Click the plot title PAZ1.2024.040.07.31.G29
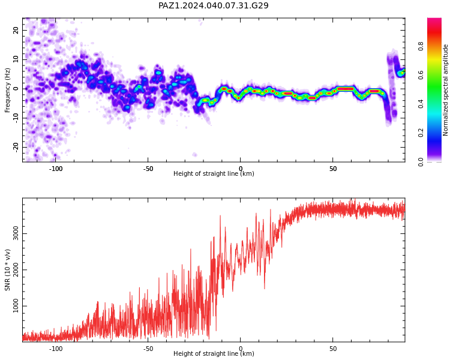pyautogui.click(x=214, y=5)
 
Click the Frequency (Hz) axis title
pyautogui.click(x=7, y=90)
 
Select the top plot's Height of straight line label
pyautogui.click(x=214, y=173)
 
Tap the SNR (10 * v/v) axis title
pyautogui.click(x=7, y=270)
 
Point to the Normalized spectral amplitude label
pyautogui.click(x=445, y=90)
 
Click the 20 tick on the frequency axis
pyautogui.click(x=16, y=30)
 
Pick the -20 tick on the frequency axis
pyautogui.click(x=16, y=148)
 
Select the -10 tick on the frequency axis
pyautogui.click(x=16, y=118)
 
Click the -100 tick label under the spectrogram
pyautogui.click(x=56, y=169)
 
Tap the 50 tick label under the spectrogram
pyautogui.click(x=333, y=169)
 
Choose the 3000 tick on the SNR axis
pyautogui.click(x=16, y=233)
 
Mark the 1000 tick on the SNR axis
pyautogui.click(x=16, y=306)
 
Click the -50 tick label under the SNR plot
pyautogui.click(x=148, y=349)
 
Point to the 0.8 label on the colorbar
pyautogui.click(x=421, y=46)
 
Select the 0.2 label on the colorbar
pyautogui.click(x=421, y=133)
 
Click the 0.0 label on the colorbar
pyautogui.click(x=421, y=162)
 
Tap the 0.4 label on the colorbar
pyautogui.click(x=421, y=104)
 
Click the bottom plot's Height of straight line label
pyautogui.click(x=214, y=353)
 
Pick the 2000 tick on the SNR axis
pyautogui.click(x=16, y=270)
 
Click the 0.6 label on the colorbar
pyautogui.click(x=421, y=75)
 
